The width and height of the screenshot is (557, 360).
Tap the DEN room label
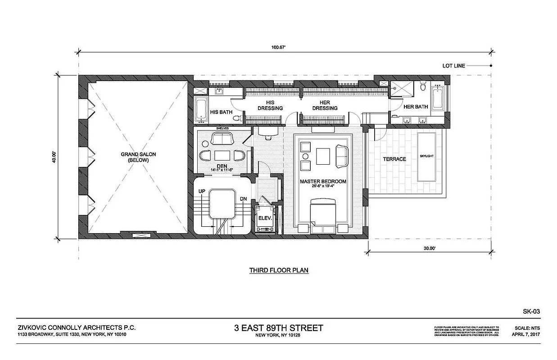click(x=222, y=166)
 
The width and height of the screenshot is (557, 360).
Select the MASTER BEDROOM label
click(x=323, y=181)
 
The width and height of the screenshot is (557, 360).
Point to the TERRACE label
click(x=394, y=159)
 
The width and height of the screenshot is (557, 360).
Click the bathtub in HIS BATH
click(x=201, y=108)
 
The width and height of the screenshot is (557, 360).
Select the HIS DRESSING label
click(x=270, y=105)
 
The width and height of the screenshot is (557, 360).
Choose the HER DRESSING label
click(x=325, y=105)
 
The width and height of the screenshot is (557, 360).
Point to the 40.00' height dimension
click(x=54, y=156)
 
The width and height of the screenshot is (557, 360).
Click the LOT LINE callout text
click(x=453, y=66)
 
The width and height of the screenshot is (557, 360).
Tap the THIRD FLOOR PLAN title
click(x=279, y=270)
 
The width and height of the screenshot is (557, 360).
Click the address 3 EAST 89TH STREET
click(x=278, y=328)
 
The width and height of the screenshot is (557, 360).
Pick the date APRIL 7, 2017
click(x=525, y=335)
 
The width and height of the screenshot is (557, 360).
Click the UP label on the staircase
click(x=202, y=192)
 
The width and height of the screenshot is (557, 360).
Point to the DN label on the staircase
click(x=243, y=198)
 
